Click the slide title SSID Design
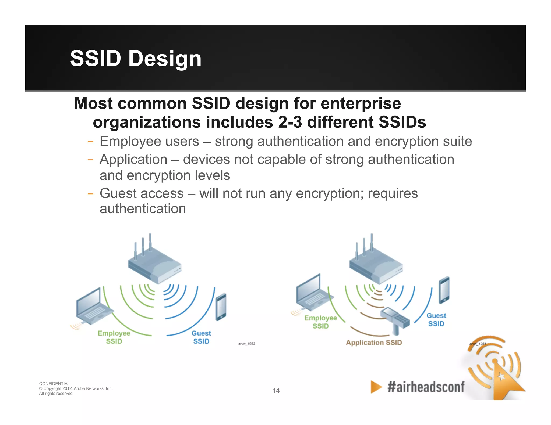136,59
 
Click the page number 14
276,390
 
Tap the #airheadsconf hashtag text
426,387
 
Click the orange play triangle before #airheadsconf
376,387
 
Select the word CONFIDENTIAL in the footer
54,384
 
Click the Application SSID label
374,343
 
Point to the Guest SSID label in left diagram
201,337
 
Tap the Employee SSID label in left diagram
114,337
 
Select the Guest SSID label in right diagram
436,320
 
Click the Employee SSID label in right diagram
320,322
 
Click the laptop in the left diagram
93,306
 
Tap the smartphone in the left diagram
221,307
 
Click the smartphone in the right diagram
444,290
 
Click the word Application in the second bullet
133,159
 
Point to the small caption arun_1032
247,344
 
